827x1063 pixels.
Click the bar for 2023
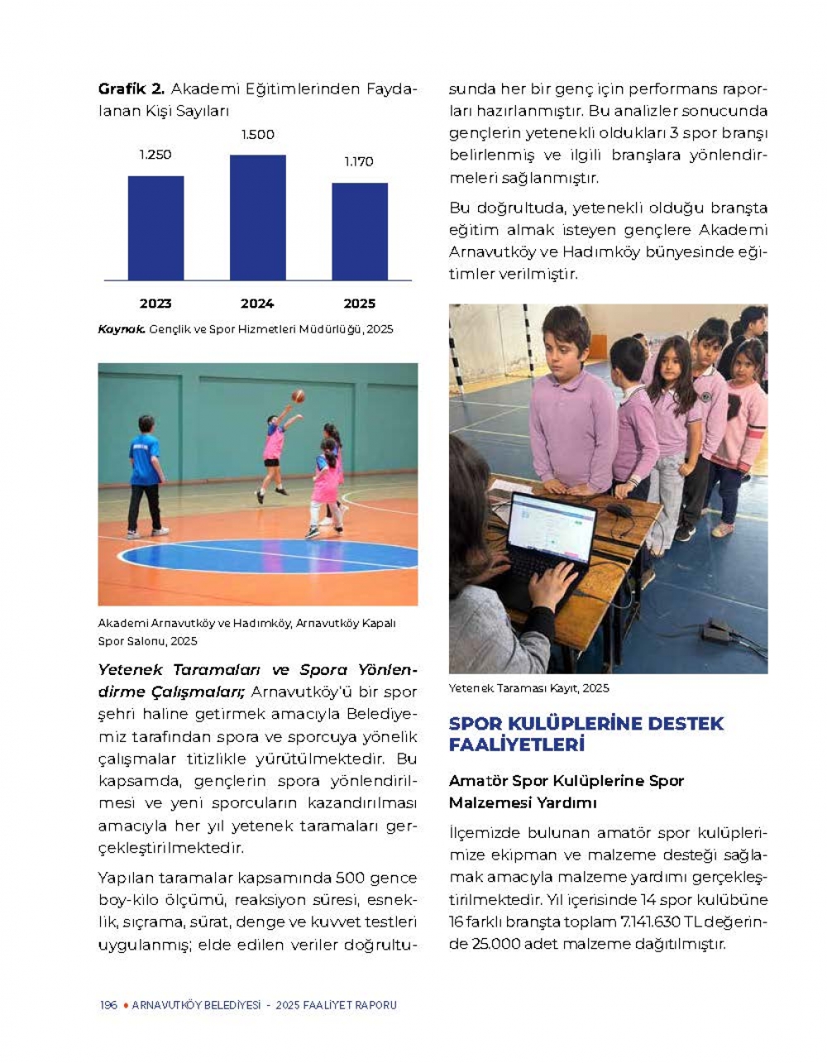pyautogui.click(x=155, y=227)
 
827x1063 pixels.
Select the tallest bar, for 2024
pyautogui.click(x=257, y=218)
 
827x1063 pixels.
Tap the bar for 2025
pyautogui.click(x=360, y=232)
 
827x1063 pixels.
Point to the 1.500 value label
pyautogui.click(x=257, y=135)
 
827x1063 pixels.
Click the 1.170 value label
pyautogui.click(x=359, y=162)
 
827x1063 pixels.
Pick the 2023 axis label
pyautogui.click(x=155, y=304)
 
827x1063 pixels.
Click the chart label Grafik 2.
pyautogui.click(x=131, y=89)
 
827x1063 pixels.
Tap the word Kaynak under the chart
pyautogui.click(x=121, y=329)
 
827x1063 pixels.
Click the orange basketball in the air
pyautogui.click(x=298, y=395)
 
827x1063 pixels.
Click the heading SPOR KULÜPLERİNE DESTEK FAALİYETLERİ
pyautogui.click(x=586, y=734)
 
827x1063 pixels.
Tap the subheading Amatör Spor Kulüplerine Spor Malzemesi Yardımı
pyautogui.click(x=566, y=792)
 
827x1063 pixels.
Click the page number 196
pyautogui.click(x=108, y=1005)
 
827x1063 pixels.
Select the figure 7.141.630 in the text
pyautogui.click(x=657, y=922)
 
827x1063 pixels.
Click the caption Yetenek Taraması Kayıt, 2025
pyautogui.click(x=528, y=688)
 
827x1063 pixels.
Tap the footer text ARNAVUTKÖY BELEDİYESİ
pyautogui.click(x=196, y=1005)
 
